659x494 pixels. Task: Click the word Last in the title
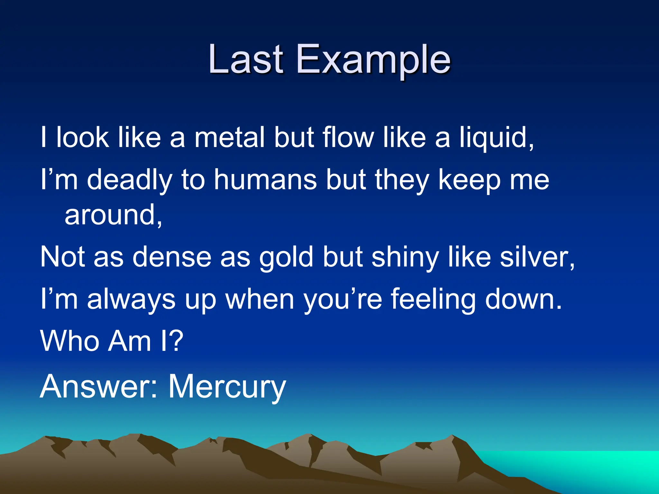pyautogui.click(x=246, y=59)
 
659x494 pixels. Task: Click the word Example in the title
pyautogui.click(x=373, y=60)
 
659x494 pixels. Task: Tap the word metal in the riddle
pyautogui.click(x=230, y=137)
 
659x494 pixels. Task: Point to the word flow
pyautogui.click(x=348, y=137)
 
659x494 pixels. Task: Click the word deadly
pyautogui.click(x=129, y=180)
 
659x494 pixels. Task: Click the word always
pyautogui.click(x=131, y=299)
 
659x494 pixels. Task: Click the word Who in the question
pyautogui.click(x=70, y=341)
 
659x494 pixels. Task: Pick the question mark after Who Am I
pyautogui.click(x=176, y=341)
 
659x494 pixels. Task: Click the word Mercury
pyautogui.click(x=227, y=387)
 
